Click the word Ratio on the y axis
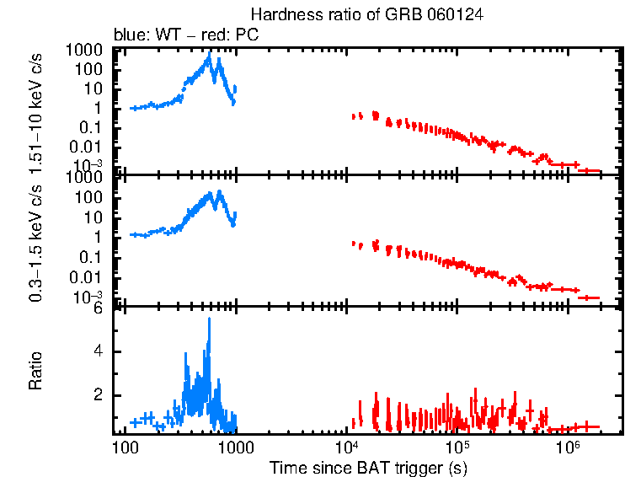point(36,372)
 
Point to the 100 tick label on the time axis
point(125,447)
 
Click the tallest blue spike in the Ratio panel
point(209,320)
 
